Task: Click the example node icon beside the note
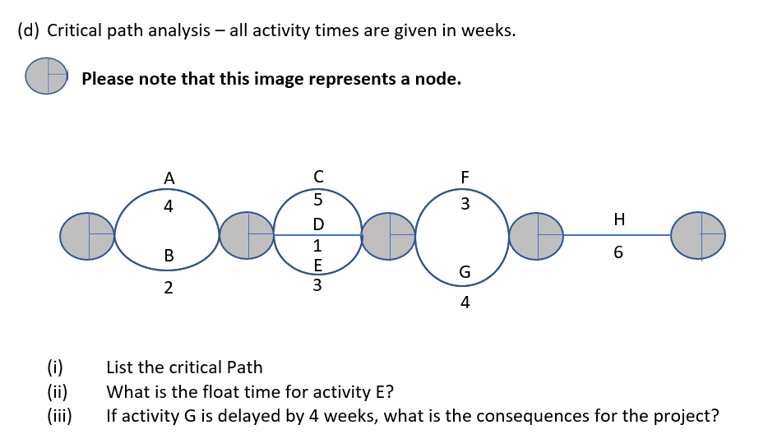pos(47,76)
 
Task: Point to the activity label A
pos(169,178)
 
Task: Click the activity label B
pos(169,256)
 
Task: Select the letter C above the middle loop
pos(318,176)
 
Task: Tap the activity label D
pos(318,224)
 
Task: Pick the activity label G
pos(465,271)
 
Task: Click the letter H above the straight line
pos(619,219)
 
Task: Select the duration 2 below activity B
pos(169,288)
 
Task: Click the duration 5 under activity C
pos(318,200)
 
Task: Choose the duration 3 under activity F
pos(465,204)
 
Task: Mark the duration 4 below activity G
pos(465,303)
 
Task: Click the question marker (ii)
pos(57,391)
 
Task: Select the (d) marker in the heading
pos(29,32)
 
